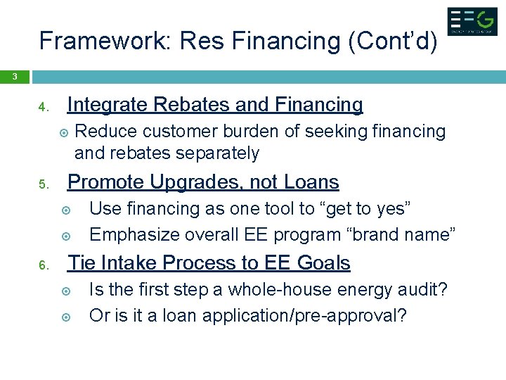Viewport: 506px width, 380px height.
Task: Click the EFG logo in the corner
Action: [x=472, y=22]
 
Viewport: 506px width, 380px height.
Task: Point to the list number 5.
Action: [x=43, y=185]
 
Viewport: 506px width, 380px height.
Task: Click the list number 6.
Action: [x=43, y=265]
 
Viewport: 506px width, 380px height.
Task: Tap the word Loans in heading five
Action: [x=311, y=182]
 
